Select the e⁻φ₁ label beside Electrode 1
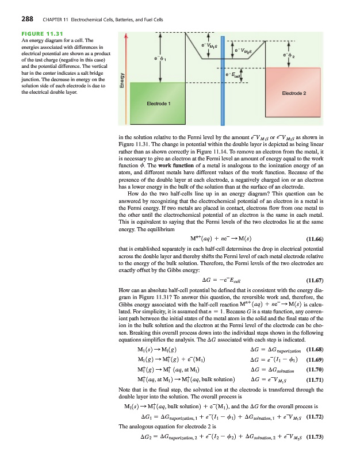point(160,57)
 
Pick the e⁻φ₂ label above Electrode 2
point(289,55)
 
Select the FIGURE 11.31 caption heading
point(40,33)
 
